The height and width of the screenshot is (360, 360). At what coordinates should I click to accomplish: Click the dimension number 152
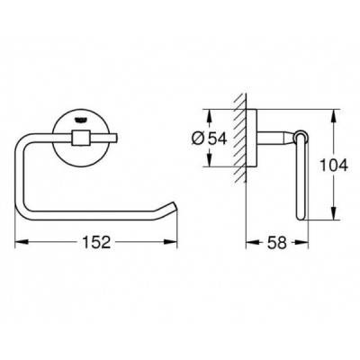tap(96, 242)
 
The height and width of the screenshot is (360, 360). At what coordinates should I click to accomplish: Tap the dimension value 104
tap(334, 165)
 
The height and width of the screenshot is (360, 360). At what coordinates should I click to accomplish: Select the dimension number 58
tap(277, 242)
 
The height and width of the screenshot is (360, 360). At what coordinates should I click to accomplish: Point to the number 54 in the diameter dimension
tap(218, 139)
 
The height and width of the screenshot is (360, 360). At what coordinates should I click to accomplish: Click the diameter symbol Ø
tap(198, 139)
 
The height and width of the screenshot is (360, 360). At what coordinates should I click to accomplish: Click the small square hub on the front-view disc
tap(80, 137)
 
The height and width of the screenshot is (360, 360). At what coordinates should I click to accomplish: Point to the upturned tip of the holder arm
tap(173, 204)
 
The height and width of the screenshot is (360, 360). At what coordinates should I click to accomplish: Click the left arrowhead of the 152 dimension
tap(22, 242)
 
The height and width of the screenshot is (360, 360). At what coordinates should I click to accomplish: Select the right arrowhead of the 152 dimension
tap(170, 242)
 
